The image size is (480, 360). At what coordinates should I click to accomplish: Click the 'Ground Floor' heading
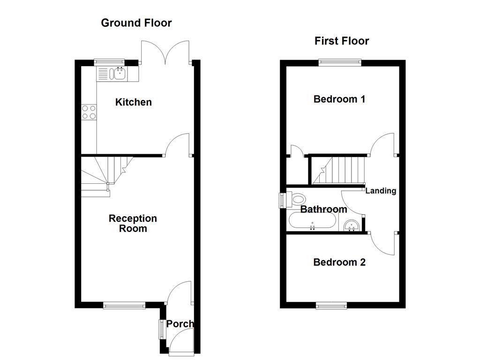pos(136,22)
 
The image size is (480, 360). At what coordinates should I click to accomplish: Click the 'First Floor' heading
pos(341,41)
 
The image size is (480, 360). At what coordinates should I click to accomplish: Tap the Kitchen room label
pos(134,102)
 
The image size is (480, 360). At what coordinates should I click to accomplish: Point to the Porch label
pos(180,323)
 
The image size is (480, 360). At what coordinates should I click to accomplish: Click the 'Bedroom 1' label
pos(339,99)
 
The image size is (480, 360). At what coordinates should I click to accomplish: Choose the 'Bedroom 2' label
pos(339,262)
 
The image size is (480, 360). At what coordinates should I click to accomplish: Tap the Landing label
pos(381,191)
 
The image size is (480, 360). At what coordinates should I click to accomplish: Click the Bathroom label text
pos(323,209)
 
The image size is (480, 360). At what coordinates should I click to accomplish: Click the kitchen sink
pos(118,73)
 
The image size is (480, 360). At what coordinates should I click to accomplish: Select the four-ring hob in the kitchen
pos(89,112)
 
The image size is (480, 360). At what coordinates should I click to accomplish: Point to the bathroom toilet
pos(296,200)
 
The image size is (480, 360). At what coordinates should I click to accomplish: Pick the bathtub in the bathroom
pos(312,221)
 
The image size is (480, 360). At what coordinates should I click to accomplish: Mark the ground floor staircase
pos(106,174)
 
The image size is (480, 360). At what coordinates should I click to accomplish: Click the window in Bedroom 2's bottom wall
pos(331,306)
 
